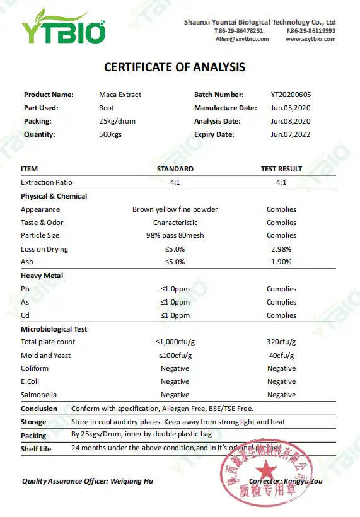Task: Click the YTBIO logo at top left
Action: pyautogui.click(x=63, y=26)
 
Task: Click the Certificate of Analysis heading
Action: pyautogui.click(x=175, y=67)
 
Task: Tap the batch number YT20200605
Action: pyautogui.click(x=291, y=95)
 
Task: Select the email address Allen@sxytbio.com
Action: pyautogui.click(x=242, y=39)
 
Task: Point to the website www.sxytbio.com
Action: pyautogui.click(x=310, y=39)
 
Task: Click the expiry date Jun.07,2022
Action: pyautogui.click(x=291, y=134)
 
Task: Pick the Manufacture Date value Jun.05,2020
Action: pyautogui.click(x=291, y=108)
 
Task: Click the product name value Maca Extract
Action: pyautogui.click(x=120, y=95)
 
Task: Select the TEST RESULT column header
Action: pyautogui.click(x=281, y=169)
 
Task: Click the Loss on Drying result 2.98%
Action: pyautogui.click(x=281, y=249)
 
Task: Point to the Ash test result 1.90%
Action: pyautogui.click(x=281, y=262)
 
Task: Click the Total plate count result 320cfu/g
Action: pyautogui.click(x=281, y=342)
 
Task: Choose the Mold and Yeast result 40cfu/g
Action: pyautogui.click(x=281, y=356)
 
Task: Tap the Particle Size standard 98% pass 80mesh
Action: pyautogui.click(x=175, y=236)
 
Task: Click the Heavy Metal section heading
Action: pyautogui.click(x=42, y=276)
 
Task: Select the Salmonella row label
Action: pyautogui.click(x=39, y=395)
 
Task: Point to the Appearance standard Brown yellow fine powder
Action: pyautogui.click(x=175, y=209)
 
